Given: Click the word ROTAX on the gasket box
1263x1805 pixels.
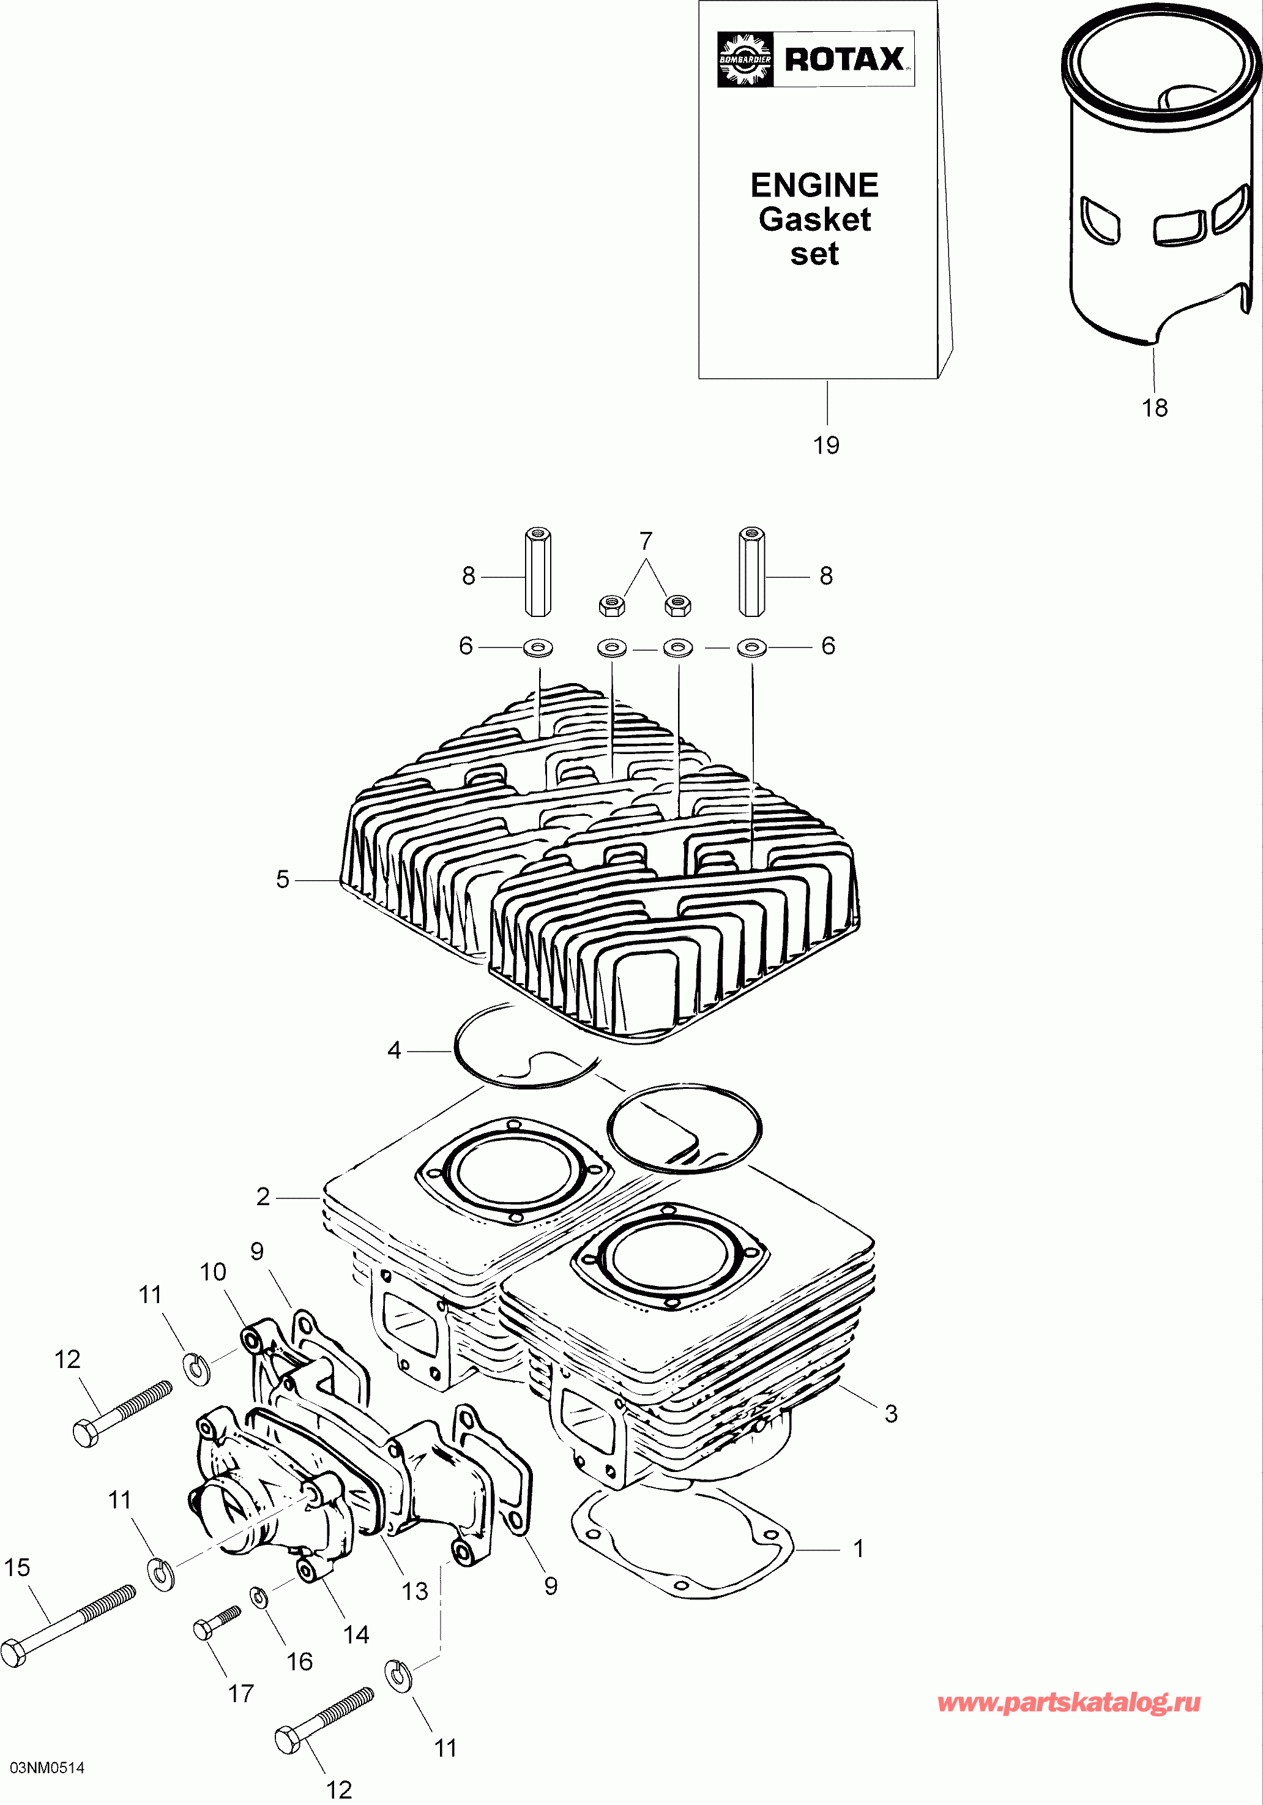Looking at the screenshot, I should pyautogui.click(x=844, y=59).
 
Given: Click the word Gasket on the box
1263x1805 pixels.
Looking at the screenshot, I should pyautogui.click(x=814, y=219).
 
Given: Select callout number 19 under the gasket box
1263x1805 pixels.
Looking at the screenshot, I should pyautogui.click(x=826, y=446).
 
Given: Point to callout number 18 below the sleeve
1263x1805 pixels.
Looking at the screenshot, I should pyautogui.click(x=1155, y=408).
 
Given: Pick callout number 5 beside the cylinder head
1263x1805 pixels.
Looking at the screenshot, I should pyautogui.click(x=283, y=879).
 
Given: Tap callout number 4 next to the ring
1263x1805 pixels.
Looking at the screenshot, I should pyautogui.click(x=395, y=1050).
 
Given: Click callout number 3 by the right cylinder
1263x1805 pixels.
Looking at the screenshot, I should pyautogui.click(x=890, y=1413).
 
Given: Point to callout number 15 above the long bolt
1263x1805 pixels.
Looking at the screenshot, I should pyautogui.click(x=17, y=1568).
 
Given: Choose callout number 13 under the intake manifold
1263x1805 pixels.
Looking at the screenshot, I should pyautogui.click(x=415, y=1591).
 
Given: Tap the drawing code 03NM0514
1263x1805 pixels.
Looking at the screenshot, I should pyautogui.click(x=47, y=1768).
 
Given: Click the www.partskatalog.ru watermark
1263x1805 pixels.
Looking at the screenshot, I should pyautogui.click(x=1069, y=1703).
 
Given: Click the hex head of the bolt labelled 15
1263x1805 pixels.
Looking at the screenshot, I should pyautogui.click(x=13, y=1653).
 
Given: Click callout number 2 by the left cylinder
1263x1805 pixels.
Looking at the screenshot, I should pyautogui.click(x=263, y=1197).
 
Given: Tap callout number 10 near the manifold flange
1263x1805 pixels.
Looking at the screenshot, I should pyautogui.click(x=213, y=1272).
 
